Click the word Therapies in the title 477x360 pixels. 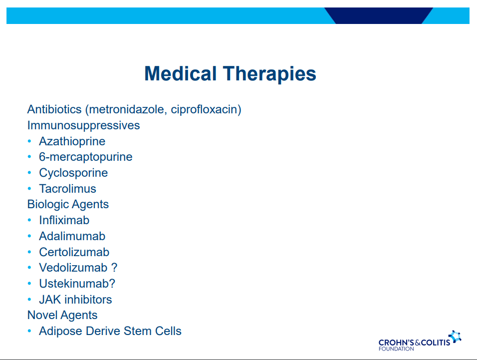click(269, 74)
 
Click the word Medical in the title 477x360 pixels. click(181, 73)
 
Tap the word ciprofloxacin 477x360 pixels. click(204, 109)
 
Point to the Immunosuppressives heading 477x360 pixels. click(84, 126)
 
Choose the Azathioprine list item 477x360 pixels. click(72, 141)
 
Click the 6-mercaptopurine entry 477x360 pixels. click(86, 157)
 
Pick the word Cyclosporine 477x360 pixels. click(73, 173)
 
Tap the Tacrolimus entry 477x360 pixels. click(67, 189)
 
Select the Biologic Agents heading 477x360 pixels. click(68, 205)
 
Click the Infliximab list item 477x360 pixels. click(64, 220)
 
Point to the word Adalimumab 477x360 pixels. click(72, 236)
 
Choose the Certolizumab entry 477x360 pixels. click(74, 252)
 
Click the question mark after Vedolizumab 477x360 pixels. click(114, 268)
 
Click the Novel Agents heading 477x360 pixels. click(62, 315)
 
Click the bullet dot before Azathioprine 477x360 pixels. click(29, 141)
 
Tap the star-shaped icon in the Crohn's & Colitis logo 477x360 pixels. click(455, 337)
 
